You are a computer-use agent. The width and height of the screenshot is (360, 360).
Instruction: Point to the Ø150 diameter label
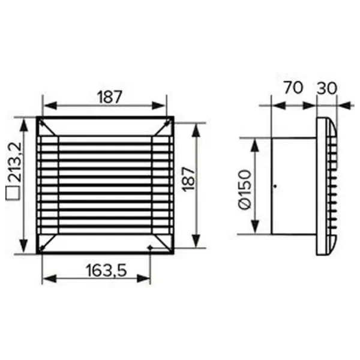(x=245, y=190)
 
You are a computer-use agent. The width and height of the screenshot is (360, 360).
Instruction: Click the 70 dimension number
(x=293, y=87)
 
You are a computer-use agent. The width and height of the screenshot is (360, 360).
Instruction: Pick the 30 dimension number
(x=327, y=88)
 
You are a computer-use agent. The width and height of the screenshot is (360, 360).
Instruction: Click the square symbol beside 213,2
(x=13, y=194)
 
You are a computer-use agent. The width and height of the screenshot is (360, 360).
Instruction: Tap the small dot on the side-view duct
(x=275, y=186)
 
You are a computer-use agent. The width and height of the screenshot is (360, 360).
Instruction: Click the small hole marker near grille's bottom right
(x=149, y=247)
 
